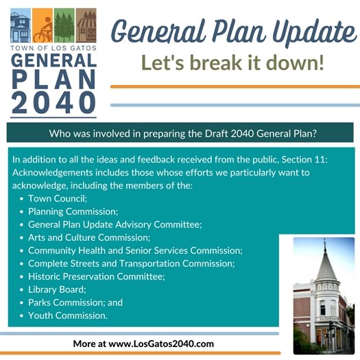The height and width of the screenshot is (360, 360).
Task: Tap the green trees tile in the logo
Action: (x=64, y=26)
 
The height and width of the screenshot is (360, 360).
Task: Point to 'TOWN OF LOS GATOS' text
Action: (x=53, y=49)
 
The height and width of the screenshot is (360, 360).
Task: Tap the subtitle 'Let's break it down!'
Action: (x=232, y=62)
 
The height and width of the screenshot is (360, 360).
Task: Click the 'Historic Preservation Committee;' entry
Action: (x=97, y=276)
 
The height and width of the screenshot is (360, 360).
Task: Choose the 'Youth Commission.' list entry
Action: (x=68, y=315)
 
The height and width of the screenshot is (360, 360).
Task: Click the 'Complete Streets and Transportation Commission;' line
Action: (x=131, y=263)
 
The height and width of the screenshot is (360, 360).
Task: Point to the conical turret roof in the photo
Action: (x=326, y=264)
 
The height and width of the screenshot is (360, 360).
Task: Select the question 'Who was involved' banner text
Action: (x=180, y=132)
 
